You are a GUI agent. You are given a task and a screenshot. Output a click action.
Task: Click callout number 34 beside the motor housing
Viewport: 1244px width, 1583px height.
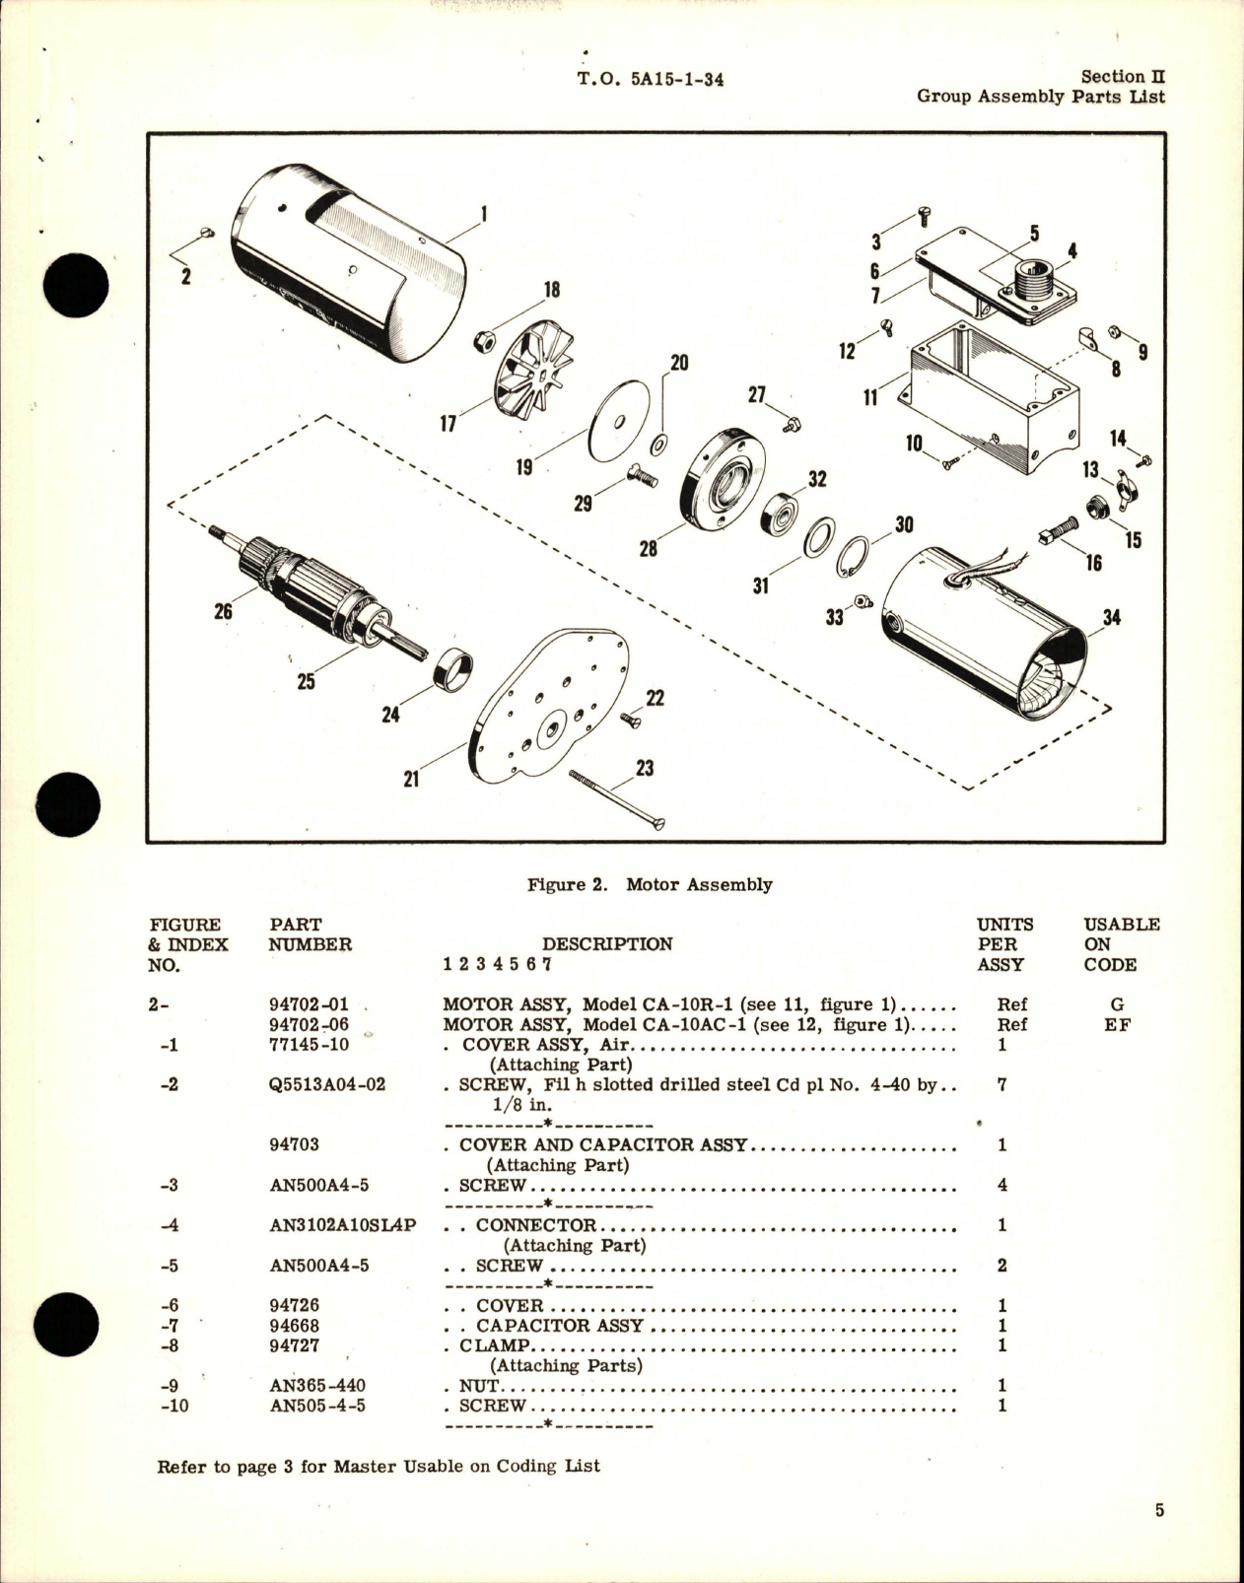coord(1112,619)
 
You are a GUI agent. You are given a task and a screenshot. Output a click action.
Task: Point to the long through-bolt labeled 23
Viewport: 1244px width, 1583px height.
coord(617,799)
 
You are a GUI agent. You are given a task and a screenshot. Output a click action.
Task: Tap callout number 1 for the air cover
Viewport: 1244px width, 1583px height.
coord(483,214)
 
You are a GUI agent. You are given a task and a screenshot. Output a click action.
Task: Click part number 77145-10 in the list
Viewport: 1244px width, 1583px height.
coord(309,1045)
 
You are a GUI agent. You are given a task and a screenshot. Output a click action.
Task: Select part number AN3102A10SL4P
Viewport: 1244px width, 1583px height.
coord(342,1225)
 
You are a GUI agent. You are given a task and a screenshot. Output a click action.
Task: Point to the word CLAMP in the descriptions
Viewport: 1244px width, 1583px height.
coord(495,1345)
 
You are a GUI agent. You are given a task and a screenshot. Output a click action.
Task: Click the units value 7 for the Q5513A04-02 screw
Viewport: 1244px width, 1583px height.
coord(1002,1084)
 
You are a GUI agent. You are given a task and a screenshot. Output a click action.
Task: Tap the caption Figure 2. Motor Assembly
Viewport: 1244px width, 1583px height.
coord(649,884)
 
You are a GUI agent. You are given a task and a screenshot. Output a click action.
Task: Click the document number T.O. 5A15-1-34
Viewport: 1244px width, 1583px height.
coord(650,80)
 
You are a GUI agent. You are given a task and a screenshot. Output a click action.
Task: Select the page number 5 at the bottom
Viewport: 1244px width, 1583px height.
coord(1159,1510)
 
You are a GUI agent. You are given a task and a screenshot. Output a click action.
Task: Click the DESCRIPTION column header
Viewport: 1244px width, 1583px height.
coord(606,943)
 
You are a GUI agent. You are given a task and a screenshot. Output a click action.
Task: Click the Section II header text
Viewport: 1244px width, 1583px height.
coord(1123,76)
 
